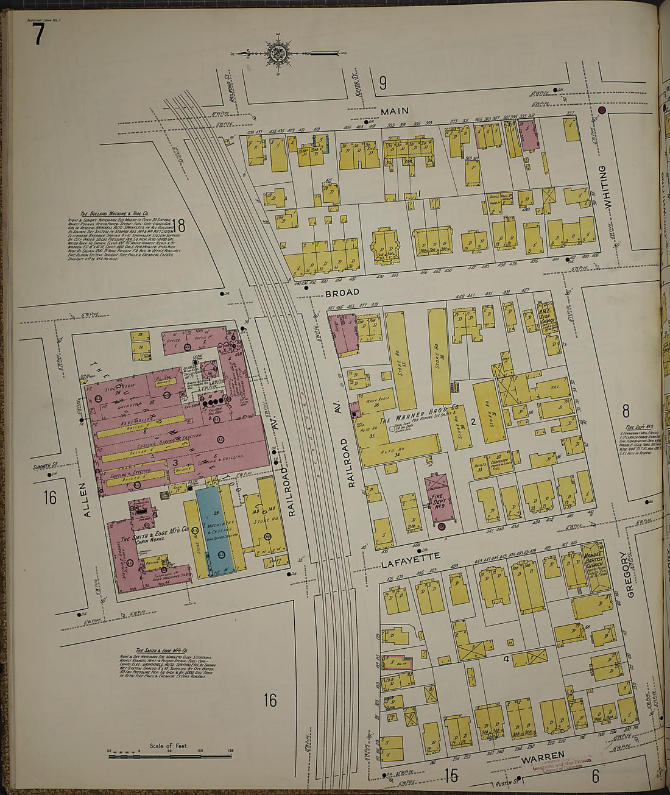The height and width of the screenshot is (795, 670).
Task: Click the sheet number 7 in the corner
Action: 38,35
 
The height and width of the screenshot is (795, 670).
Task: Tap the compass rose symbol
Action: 278,54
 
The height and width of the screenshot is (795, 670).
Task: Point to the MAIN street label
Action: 395,111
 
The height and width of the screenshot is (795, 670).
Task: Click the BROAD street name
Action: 339,293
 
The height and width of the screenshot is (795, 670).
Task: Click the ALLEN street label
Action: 86,500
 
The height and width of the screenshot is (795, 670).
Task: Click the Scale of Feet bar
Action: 170,756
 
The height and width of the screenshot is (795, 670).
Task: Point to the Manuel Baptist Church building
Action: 594,568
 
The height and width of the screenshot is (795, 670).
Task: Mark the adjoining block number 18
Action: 178,225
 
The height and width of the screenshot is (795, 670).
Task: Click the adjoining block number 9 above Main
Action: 383,83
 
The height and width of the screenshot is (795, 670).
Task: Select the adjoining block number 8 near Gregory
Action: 625,411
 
